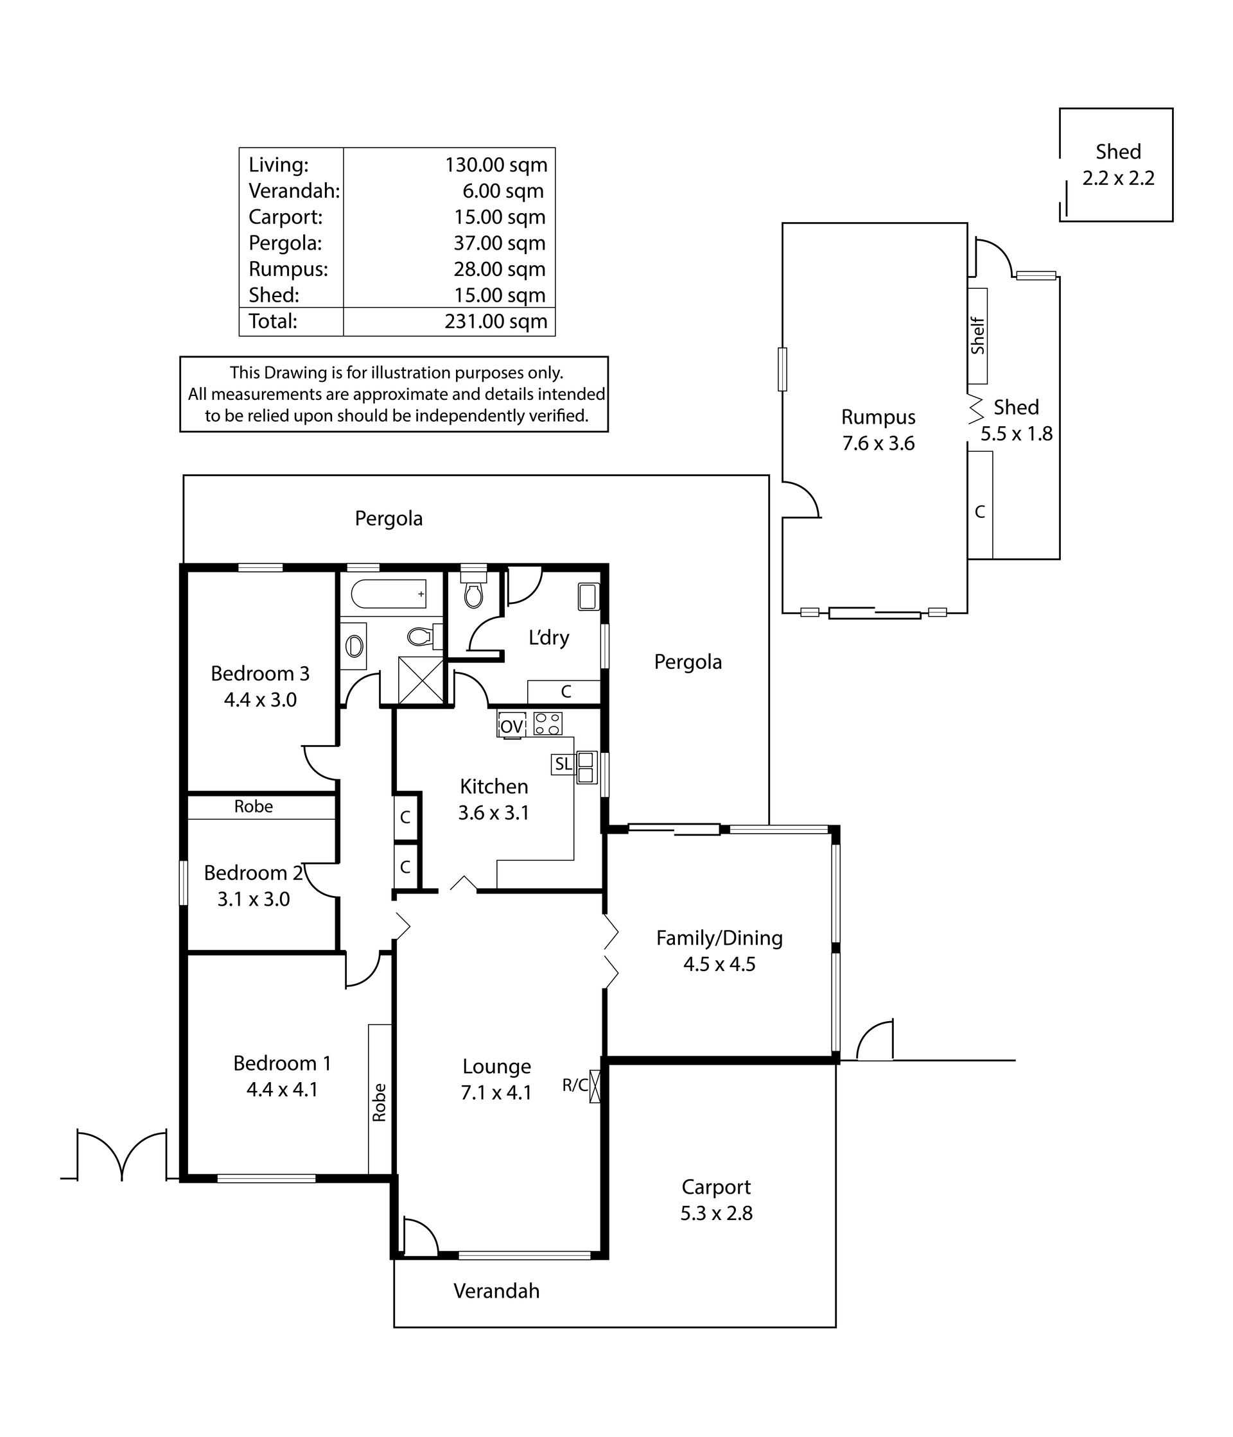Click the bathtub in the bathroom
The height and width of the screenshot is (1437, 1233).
[x=388, y=594]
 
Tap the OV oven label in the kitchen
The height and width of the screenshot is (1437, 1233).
[x=511, y=726]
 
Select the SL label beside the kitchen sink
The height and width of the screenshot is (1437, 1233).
[x=563, y=764]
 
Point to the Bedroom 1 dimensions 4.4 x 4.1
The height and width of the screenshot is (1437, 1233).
[x=283, y=1090]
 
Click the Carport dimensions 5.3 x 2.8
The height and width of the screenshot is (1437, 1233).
[x=716, y=1213]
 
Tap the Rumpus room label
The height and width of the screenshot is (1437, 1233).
[x=879, y=417]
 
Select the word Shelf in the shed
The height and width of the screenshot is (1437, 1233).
[x=977, y=336]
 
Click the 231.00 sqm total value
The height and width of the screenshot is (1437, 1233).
[x=496, y=321]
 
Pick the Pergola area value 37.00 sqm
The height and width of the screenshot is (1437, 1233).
[x=500, y=243]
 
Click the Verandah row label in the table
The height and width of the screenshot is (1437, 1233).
[x=294, y=191]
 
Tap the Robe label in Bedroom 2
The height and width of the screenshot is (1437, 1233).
[x=253, y=806]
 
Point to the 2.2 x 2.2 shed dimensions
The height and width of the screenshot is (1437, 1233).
[x=1119, y=178]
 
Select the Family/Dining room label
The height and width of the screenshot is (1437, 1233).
[x=719, y=938]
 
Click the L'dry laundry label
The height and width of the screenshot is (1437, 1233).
[x=549, y=637]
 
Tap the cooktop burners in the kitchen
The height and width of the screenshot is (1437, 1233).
[x=547, y=723]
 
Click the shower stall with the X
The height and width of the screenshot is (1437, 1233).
[x=421, y=680]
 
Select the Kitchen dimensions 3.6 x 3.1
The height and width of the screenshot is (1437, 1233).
[x=494, y=812]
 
